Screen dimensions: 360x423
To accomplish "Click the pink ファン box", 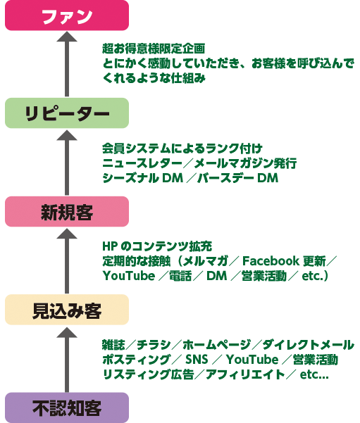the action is (x=67, y=15).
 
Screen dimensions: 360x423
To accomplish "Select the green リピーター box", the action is (x=67, y=113).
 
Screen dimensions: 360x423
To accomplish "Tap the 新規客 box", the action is (x=67, y=211).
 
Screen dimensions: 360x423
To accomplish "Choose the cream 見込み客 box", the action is (x=67, y=310).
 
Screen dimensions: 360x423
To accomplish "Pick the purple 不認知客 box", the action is (x=67, y=408).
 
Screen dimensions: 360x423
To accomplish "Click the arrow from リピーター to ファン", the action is (x=67, y=64).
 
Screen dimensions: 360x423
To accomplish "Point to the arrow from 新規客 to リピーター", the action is (x=67, y=163).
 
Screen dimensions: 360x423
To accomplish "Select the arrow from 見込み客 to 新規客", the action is (x=67, y=261).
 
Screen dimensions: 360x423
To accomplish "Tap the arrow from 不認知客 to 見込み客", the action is (x=67, y=360).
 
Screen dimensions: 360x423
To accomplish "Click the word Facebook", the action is (x=271, y=261).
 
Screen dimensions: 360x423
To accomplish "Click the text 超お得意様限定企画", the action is (x=154, y=49).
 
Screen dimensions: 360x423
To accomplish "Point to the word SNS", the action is (x=197, y=360).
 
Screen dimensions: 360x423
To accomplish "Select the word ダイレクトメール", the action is (x=308, y=345).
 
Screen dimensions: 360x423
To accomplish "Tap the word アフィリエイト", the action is (x=245, y=374).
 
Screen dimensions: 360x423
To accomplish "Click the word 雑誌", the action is (x=113, y=345).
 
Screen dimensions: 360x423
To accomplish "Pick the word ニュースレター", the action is (x=142, y=163).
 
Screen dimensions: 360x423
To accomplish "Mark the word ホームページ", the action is (x=217, y=345).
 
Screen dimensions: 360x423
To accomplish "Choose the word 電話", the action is (x=180, y=276).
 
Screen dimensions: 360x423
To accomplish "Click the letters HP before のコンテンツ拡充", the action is (x=110, y=246).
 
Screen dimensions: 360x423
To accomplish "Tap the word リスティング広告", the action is (x=148, y=374).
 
